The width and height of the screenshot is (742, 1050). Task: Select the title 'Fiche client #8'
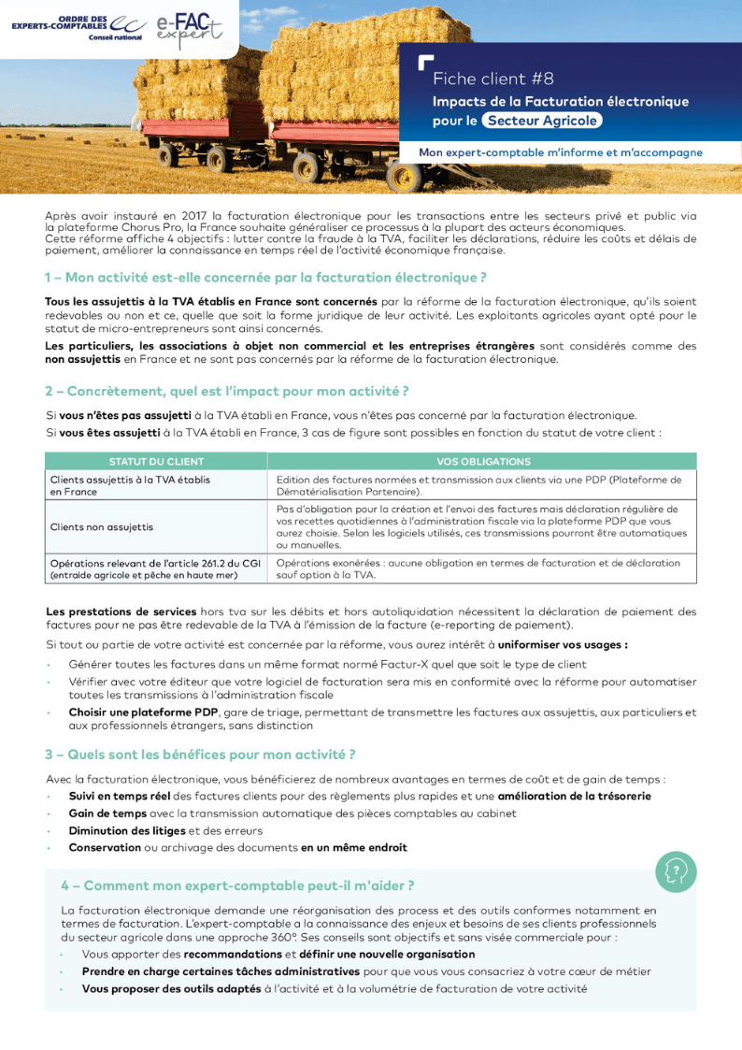tap(492, 79)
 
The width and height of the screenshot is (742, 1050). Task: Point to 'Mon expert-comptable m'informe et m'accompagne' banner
tap(561, 152)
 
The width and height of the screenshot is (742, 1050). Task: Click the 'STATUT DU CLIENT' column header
tap(156, 462)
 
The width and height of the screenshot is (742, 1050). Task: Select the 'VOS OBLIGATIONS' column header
tap(482, 462)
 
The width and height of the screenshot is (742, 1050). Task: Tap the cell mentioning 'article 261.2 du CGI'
tap(155, 568)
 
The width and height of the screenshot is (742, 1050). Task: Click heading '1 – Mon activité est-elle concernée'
tap(265, 278)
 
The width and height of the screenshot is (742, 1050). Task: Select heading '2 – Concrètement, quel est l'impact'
tap(227, 390)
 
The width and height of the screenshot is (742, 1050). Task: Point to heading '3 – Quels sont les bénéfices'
tap(200, 755)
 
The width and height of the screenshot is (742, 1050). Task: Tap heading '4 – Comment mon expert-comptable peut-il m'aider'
tap(237, 885)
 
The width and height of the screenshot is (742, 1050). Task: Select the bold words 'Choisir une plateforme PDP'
tap(143, 712)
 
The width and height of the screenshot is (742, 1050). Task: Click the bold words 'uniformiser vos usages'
tap(562, 645)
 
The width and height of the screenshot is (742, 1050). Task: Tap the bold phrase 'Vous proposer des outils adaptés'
tap(171, 988)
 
